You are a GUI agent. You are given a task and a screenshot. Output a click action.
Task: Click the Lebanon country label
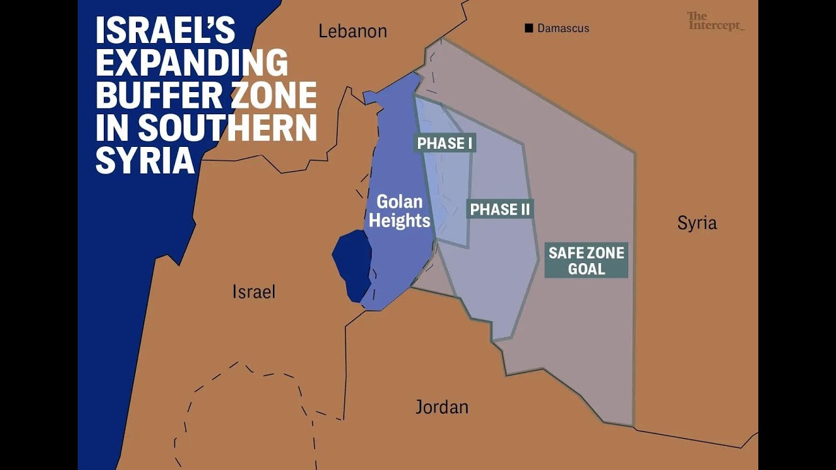(353, 31)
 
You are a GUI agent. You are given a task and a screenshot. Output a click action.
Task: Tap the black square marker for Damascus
(529, 28)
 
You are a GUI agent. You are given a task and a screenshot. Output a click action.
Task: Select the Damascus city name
(563, 28)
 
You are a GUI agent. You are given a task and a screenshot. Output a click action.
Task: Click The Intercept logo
(715, 21)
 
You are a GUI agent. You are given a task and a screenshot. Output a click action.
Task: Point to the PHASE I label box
(445, 143)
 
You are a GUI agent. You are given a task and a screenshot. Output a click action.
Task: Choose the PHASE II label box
(500, 209)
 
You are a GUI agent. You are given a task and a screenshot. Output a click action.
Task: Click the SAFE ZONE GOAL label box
(587, 260)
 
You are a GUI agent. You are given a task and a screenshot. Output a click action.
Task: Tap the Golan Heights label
(400, 211)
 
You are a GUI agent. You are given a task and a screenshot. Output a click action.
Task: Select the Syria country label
(697, 223)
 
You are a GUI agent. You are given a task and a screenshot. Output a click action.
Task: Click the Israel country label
(253, 292)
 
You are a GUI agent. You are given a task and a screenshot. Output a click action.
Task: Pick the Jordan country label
(442, 407)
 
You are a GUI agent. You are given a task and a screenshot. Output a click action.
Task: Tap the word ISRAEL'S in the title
(165, 31)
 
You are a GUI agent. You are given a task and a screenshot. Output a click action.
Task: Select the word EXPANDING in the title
(191, 63)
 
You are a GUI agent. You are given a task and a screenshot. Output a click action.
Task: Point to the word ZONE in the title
(272, 95)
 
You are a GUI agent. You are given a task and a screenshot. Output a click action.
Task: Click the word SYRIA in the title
(145, 161)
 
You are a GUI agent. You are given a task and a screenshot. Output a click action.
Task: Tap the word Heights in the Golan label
(400, 221)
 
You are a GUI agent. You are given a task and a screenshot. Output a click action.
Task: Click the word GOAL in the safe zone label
(587, 269)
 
